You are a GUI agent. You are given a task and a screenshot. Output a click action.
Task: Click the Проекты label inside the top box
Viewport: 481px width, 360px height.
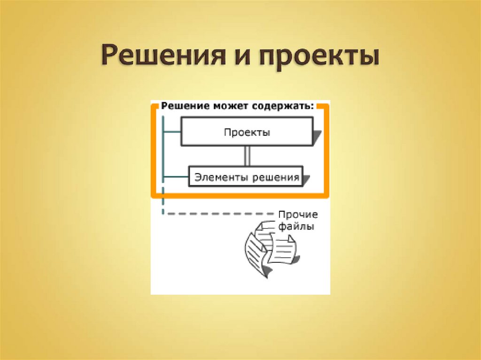click(247, 132)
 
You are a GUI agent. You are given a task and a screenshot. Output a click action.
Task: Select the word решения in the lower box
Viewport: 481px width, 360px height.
click(276, 177)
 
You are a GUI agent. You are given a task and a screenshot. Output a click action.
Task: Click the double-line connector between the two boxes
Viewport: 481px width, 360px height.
click(247, 155)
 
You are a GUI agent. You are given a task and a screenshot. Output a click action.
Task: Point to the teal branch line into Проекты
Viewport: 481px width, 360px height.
click(172, 132)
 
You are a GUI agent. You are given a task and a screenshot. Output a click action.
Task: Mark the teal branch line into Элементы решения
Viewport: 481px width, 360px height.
click(175, 177)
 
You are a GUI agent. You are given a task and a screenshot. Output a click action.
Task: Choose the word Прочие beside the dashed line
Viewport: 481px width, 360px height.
click(298, 215)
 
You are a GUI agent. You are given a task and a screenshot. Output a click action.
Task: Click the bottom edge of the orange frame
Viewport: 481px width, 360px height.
click(240, 194)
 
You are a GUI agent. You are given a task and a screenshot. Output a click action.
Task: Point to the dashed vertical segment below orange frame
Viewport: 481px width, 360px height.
click(163, 206)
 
